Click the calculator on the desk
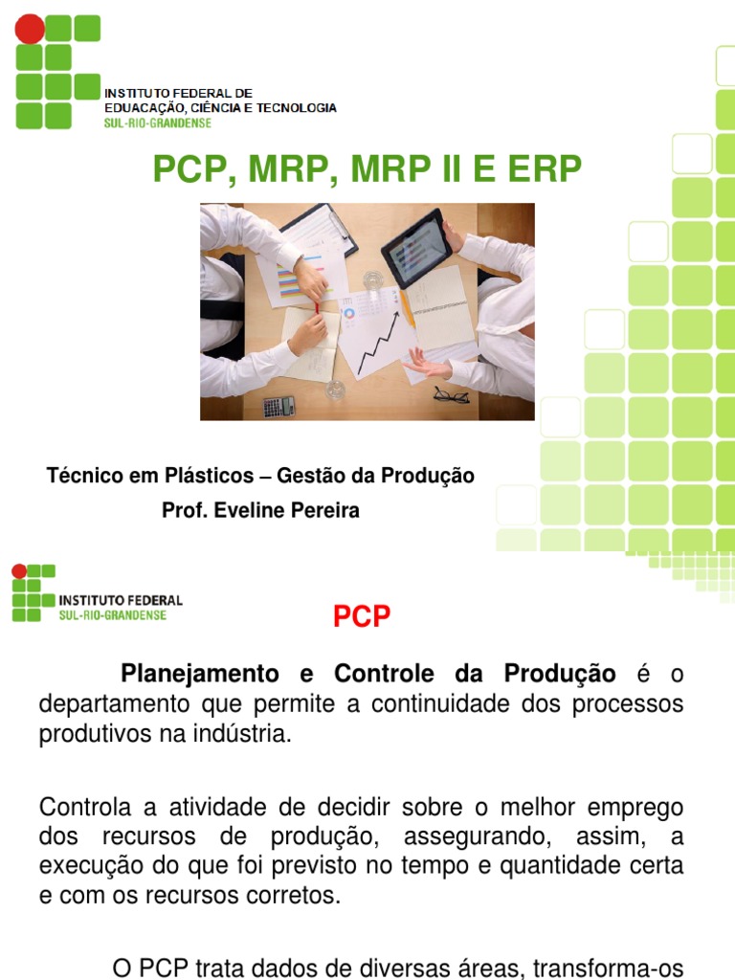coord(279,406)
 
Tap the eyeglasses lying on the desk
coord(450,393)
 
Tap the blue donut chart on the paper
coord(349,313)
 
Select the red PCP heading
coord(362,617)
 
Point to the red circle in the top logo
coord(30,30)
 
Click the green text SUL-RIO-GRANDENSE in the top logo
coord(158,122)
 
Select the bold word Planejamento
coord(200,674)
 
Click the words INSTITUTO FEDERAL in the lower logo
coord(121,600)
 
